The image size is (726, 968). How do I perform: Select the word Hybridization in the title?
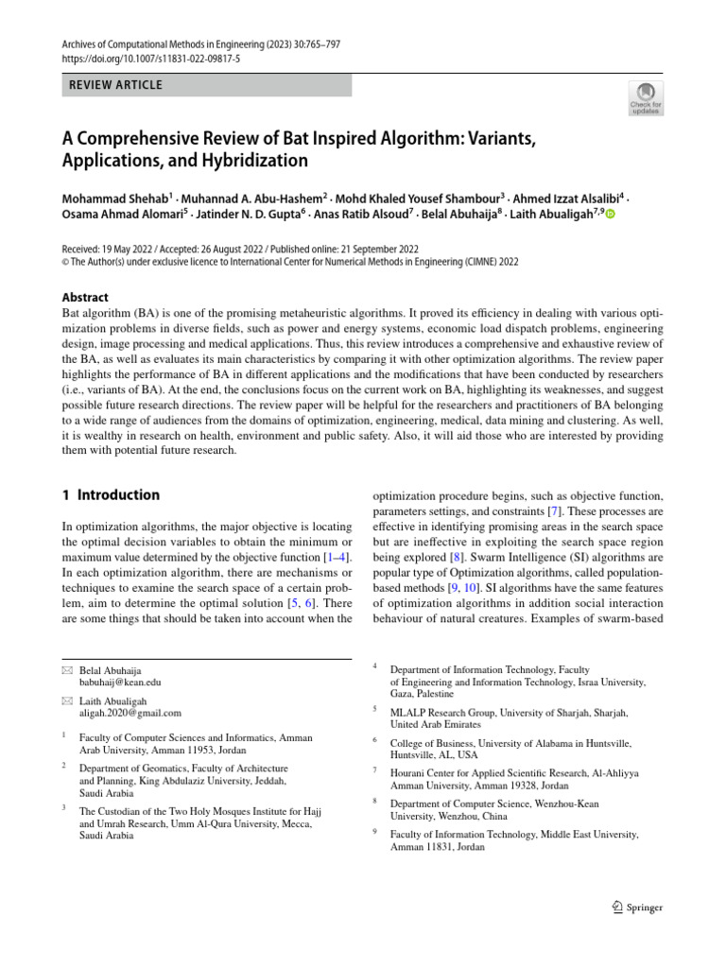tap(249, 161)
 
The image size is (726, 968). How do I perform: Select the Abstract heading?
tap(84, 297)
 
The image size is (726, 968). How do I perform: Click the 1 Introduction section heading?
tap(111, 495)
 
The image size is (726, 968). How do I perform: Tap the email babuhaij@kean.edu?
tap(119, 682)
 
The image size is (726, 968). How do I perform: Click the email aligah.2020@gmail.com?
tap(130, 714)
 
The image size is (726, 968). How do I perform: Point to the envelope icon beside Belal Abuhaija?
tap(66, 670)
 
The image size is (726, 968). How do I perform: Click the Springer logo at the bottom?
tap(637, 907)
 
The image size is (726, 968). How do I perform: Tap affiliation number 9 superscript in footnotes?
tap(375, 832)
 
